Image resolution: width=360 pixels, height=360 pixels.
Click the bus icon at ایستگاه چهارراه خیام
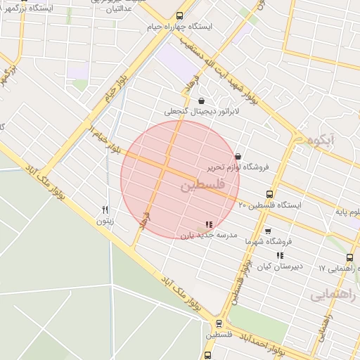point(179,15)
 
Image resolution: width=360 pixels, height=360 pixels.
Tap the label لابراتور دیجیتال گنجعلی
point(202,111)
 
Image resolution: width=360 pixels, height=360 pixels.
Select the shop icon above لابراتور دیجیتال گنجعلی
point(202,101)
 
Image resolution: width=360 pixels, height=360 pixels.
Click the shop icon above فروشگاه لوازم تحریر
point(238,156)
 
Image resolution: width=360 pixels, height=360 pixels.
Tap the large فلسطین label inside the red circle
point(202,186)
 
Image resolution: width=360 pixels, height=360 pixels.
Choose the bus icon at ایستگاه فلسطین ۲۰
point(269,195)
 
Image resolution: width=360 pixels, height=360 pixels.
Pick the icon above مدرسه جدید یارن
point(208,224)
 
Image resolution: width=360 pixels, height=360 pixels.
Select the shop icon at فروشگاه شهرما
point(267,231)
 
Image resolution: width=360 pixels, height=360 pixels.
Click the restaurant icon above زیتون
point(105,209)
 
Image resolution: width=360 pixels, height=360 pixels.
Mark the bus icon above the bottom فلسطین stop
point(219,324)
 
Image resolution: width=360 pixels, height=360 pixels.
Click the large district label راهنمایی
point(333,294)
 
